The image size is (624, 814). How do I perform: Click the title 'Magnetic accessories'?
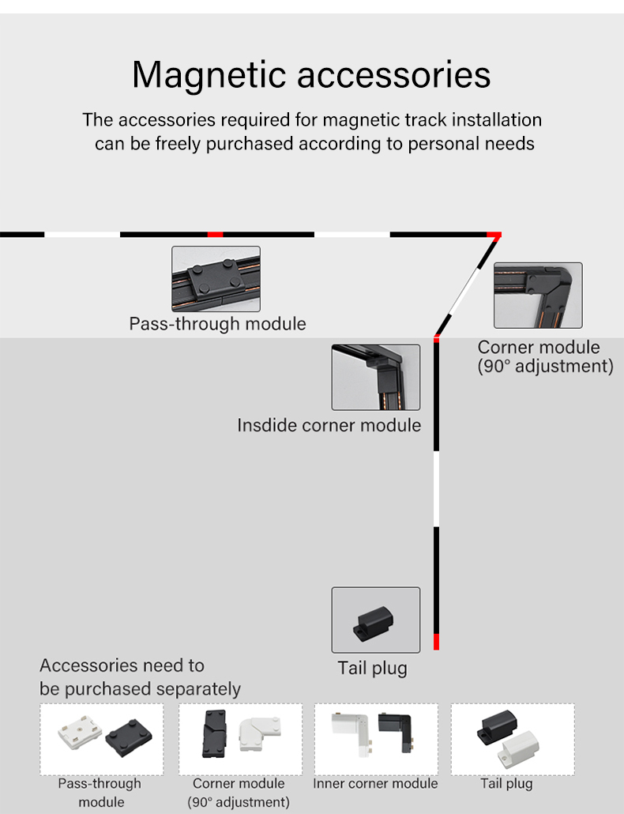[311, 75]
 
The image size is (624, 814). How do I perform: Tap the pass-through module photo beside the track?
[216, 278]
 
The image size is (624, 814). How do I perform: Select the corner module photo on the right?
[538, 295]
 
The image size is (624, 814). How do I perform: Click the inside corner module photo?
[375, 377]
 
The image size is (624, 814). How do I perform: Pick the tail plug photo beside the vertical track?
[375, 620]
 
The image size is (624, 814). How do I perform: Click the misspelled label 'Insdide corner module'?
[329, 425]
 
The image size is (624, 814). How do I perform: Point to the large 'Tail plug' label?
[373, 668]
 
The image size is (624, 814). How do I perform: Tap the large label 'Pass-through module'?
[217, 323]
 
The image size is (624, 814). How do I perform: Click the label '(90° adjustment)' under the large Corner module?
[545, 367]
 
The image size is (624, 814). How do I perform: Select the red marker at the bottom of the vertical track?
[436, 641]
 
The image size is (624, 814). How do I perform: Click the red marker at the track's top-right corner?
[494, 235]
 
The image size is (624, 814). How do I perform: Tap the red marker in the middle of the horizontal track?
[215, 235]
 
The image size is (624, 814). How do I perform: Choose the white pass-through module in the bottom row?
[80, 736]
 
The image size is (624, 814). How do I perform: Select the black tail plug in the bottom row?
[498, 726]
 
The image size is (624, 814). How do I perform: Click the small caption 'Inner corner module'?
[375, 783]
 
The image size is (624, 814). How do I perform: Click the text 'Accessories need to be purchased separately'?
[140, 677]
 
